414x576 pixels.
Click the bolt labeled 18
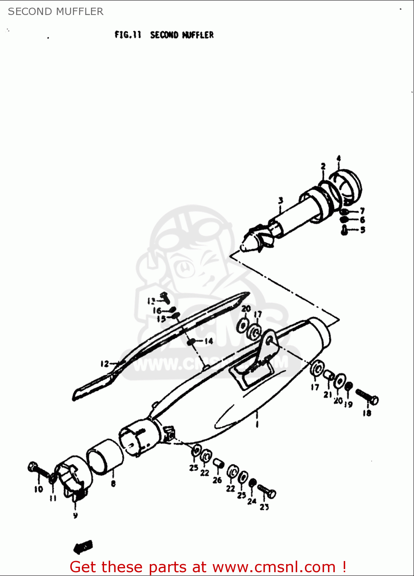pyautogui.click(x=367, y=397)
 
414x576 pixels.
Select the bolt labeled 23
pyautogui.click(x=267, y=491)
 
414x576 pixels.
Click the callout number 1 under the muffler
pyautogui.click(x=257, y=424)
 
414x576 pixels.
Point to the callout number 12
pyautogui.click(x=104, y=363)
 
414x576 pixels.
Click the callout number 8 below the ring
pyautogui.click(x=113, y=483)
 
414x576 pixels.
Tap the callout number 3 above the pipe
pyautogui.click(x=281, y=200)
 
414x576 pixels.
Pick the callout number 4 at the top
pyautogui.click(x=338, y=158)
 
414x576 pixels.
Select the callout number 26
pyautogui.click(x=217, y=480)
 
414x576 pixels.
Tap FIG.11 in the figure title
pyautogui.click(x=128, y=35)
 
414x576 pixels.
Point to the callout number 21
pyautogui.click(x=327, y=394)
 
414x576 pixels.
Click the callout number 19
pyautogui.click(x=348, y=404)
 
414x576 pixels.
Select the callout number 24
pyautogui.click(x=252, y=501)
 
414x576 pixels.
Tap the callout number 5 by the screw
pyautogui.click(x=363, y=230)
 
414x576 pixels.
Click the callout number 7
pyautogui.click(x=362, y=211)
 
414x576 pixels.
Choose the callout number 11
pyautogui.click(x=53, y=498)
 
